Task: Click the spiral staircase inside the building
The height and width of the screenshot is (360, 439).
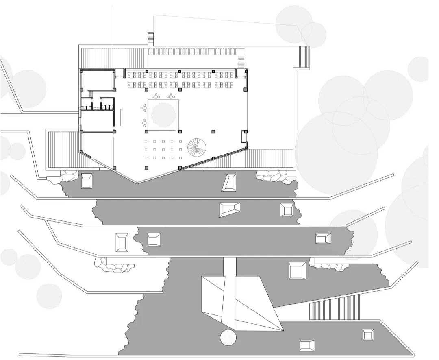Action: click(x=197, y=146)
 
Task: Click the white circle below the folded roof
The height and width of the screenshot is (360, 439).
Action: click(x=228, y=338)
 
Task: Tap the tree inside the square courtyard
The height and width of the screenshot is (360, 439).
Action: click(x=164, y=116)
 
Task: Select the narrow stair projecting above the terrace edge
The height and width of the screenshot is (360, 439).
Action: click(x=150, y=39)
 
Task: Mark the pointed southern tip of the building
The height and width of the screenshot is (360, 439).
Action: click(x=136, y=183)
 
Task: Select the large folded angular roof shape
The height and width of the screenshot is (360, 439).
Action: click(x=240, y=301)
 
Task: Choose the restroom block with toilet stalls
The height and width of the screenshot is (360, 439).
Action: click(x=96, y=104)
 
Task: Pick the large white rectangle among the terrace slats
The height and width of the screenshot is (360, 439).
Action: click(x=211, y=52)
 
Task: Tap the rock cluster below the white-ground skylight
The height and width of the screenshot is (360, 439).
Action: click(x=115, y=265)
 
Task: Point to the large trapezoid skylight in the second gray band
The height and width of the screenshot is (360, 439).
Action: click(x=230, y=209)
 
